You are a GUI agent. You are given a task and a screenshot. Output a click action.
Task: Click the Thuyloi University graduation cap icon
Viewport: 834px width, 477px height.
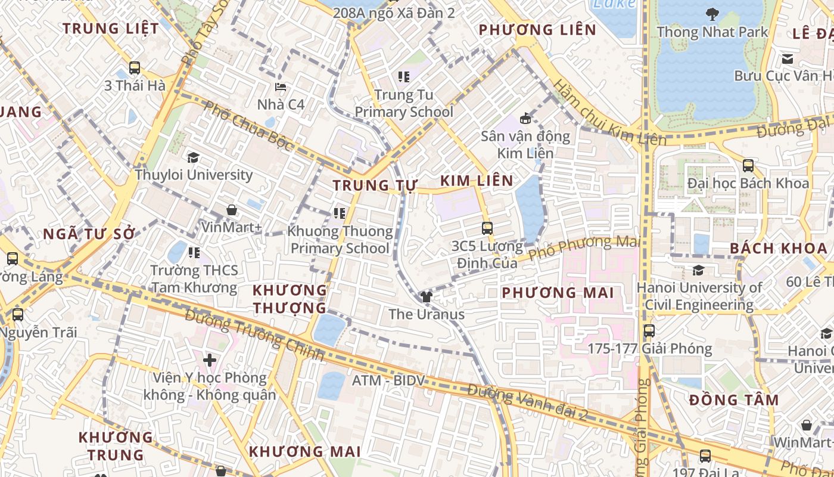tap(193, 157)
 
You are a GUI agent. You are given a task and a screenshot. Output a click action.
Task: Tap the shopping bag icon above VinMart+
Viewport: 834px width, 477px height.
tap(232, 210)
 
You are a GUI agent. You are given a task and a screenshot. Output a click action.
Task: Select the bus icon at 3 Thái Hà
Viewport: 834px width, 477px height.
tap(135, 68)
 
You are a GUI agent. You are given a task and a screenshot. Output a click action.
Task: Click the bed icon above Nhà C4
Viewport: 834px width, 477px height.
tap(281, 87)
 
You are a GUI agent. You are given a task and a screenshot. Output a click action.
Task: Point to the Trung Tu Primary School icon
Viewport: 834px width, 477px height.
tap(404, 76)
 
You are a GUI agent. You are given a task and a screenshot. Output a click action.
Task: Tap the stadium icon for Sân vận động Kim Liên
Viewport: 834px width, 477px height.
tap(525, 118)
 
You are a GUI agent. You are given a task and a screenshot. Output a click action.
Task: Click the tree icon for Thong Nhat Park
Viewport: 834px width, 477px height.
tap(712, 14)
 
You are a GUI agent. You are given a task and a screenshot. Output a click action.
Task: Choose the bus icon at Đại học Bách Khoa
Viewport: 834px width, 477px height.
tap(748, 165)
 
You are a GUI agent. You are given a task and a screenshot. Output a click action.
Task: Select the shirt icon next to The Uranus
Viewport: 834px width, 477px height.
tap(426, 296)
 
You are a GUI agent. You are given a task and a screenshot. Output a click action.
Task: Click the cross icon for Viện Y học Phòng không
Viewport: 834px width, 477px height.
tap(210, 360)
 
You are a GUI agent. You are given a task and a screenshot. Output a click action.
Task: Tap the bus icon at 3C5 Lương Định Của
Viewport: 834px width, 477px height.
tap(487, 228)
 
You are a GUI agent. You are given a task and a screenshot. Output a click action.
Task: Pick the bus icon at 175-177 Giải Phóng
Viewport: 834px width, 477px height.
tap(649, 330)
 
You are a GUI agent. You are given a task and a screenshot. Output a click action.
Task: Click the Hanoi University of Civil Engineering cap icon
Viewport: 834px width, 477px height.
tap(699, 270)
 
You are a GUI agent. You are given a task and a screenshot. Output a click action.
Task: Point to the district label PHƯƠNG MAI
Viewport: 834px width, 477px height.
tap(557, 293)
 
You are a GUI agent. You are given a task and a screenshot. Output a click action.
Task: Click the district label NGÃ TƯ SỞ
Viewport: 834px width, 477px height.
tap(89, 234)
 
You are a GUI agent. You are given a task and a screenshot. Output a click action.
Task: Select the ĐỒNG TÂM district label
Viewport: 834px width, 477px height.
tap(734, 400)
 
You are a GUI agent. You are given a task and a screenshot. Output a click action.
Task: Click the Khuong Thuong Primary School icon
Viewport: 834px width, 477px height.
tap(340, 213)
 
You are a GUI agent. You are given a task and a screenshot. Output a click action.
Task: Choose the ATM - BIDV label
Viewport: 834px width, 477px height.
tap(388, 380)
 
